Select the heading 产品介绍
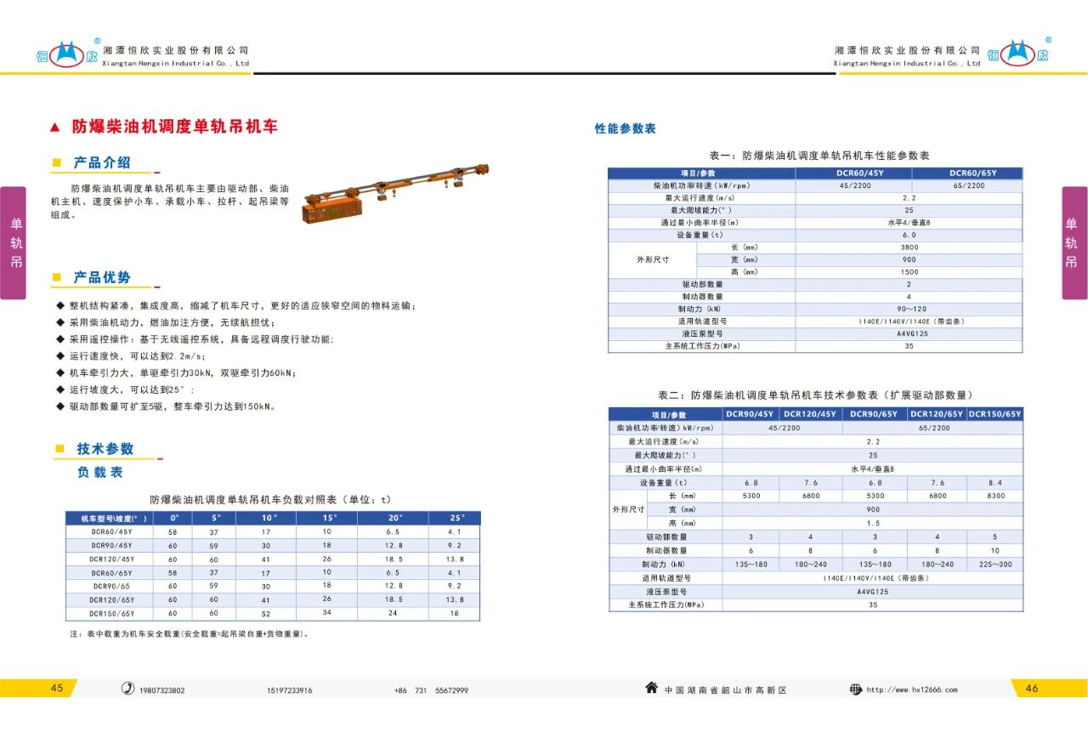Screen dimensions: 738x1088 tap(102, 162)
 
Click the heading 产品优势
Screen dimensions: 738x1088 tap(102, 278)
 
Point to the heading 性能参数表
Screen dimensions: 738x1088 tap(625, 129)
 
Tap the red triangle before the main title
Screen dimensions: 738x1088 tap(55, 128)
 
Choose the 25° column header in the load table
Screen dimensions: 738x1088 tap(457, 518)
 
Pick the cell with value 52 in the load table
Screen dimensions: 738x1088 tap(266, 613)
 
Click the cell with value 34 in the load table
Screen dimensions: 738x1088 tap(326, 613)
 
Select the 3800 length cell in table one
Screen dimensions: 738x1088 tap(909, 247)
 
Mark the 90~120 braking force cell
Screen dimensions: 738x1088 tap(909, 309)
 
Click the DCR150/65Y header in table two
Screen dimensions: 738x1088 tap(995, 414)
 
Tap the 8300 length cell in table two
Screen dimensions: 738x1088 tap(995, 496)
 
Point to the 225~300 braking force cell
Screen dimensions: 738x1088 tap(995, 565)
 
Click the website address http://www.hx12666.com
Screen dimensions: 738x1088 tap(911, 690)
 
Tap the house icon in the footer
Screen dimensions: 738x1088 tap(651, 688)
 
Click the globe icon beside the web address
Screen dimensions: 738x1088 tap(856, 689)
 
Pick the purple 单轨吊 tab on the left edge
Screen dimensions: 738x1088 tap(13, 243)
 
